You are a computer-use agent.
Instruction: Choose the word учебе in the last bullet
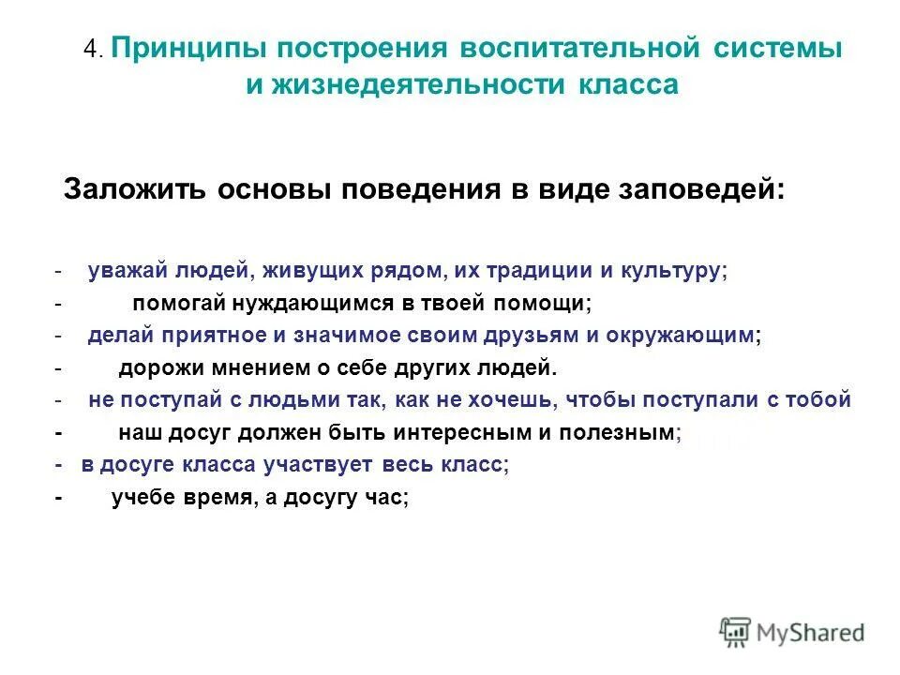(x=142, y=498)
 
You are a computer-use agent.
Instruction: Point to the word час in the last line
(x=386, y=498)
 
